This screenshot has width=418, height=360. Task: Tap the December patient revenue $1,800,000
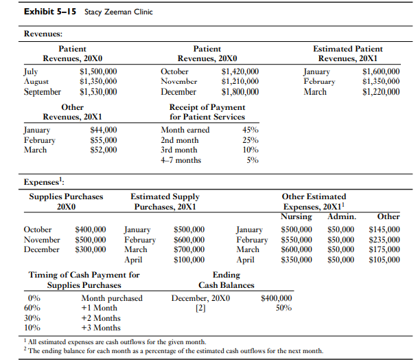pyautogui.click(x=240, y=91)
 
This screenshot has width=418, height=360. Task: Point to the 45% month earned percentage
pyautogui.click(x=251, y=130)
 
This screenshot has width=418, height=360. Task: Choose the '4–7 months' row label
pyautogui.click(x=181, y=160)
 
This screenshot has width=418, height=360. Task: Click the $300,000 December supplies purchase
pyautogui.click(x=90, y=249)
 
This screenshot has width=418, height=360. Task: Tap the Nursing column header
pyautogui.click(x=297, y=216)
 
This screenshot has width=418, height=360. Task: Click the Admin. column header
pyautogui.click(x=341, y=216)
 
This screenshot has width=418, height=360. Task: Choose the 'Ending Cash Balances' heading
pyautogui.click(x=226, y=280)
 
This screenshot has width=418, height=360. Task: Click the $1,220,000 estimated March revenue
pyautogui.click(x=380, y=91)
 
